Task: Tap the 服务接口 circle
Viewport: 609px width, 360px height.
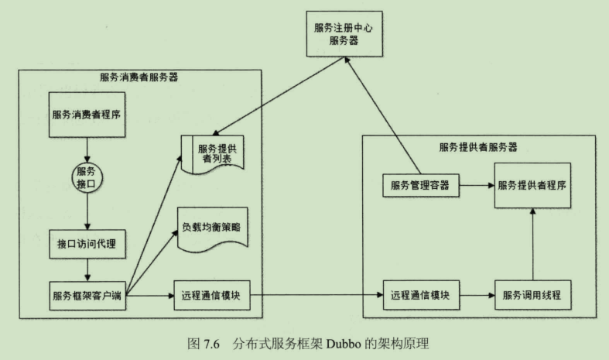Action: coord(85,177)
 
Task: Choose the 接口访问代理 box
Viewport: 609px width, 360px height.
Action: coord(86,243)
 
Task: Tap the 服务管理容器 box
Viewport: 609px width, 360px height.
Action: coord(421,186)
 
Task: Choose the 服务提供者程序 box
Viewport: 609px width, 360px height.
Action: coord(533,186)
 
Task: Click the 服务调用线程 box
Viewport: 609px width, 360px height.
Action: coord(532,295)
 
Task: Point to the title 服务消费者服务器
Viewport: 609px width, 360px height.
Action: coord(139,77)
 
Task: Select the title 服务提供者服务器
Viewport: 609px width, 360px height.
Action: coord(477,146)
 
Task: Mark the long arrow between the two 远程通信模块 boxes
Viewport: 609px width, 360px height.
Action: coord(317,295)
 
